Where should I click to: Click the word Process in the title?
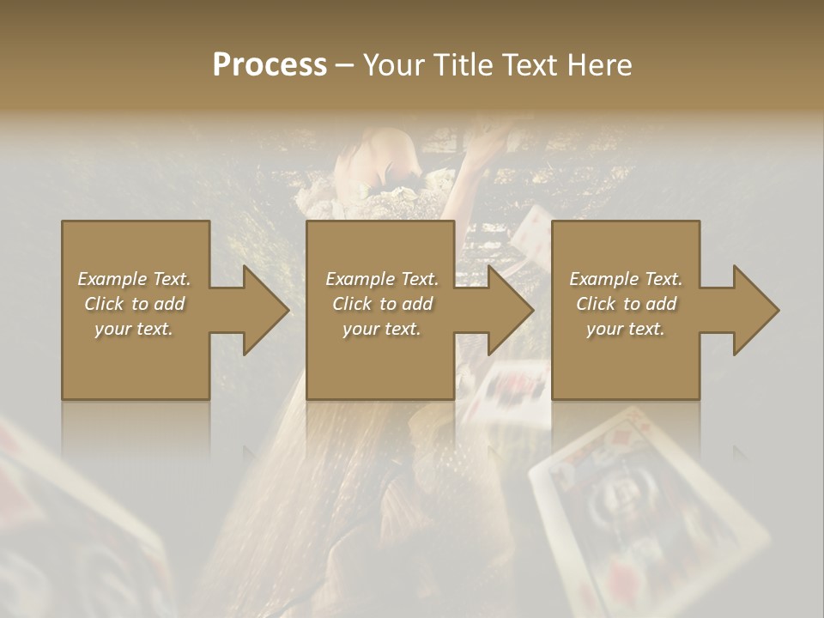[x=270, y=65]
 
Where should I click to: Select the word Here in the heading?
[x=598, y=65]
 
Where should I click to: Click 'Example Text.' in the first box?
[x=134, y=279]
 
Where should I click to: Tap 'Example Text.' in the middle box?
[x=382, y=279]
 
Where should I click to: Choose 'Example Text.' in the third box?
[x=626, y=279]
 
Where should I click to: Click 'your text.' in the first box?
[x=134, y=329]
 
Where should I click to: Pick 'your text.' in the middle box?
[x=382, y=329]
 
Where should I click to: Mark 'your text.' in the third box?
[x=626, y=329]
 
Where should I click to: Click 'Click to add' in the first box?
[x=134, y=304]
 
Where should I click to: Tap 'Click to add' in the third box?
[x=626, y=304]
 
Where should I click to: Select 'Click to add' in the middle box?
[x=382, y=304]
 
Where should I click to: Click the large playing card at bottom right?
[x=644, y=515]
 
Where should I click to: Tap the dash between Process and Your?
[x=345, y=66]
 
